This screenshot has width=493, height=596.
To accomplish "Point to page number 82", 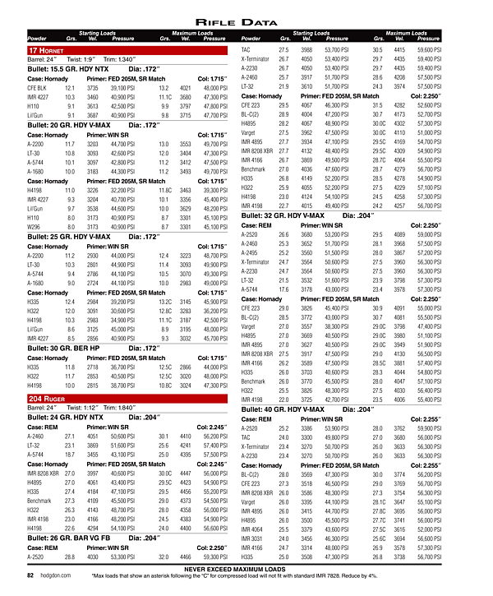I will click(x=32, y=575).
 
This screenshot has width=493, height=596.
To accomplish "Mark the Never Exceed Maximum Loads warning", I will click(x=246, y=570).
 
